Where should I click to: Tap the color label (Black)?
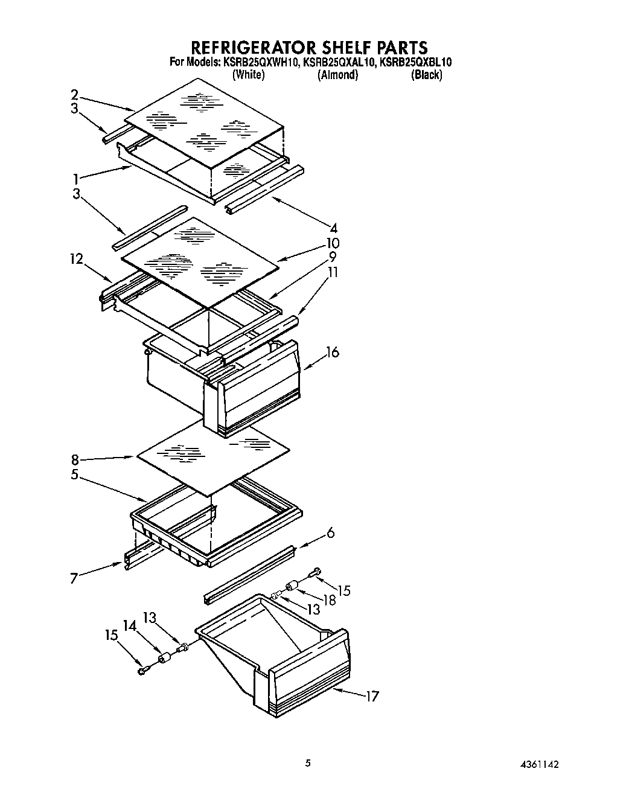[x=426, y=75]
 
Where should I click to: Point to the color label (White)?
[x=248, y=75]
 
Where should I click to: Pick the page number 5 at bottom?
[x=308, y=764]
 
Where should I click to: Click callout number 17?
[x=372, y=696]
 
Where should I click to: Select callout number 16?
[x=333, y=352]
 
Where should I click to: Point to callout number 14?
[x=130, y=626]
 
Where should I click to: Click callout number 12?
[x=76, y=259]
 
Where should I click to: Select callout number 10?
[x=333, y=243]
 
